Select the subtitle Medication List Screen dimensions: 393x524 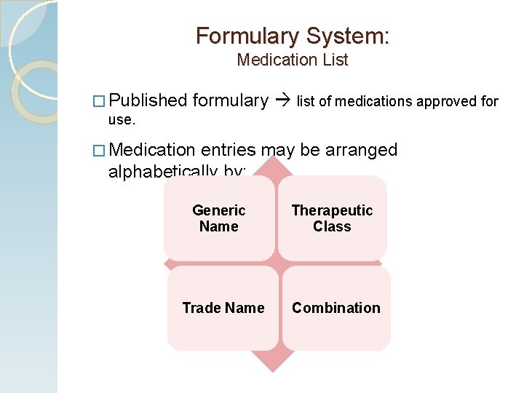point(293,60)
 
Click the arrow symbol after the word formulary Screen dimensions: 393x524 point(282,101)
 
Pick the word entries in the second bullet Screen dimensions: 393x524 point(229,150)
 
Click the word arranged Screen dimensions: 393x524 point(362,150)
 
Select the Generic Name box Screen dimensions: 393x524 point(219,218)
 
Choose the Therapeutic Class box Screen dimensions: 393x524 point(332,218)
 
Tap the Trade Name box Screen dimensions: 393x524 point(223,308)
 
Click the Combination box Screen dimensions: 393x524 point(336,308)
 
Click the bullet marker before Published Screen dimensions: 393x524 point(100,101)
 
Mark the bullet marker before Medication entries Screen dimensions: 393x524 point(100,151)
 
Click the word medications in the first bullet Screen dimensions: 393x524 point(365,101)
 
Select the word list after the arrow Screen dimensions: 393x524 point(306,101)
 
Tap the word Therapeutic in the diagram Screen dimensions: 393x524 point(332,210)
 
